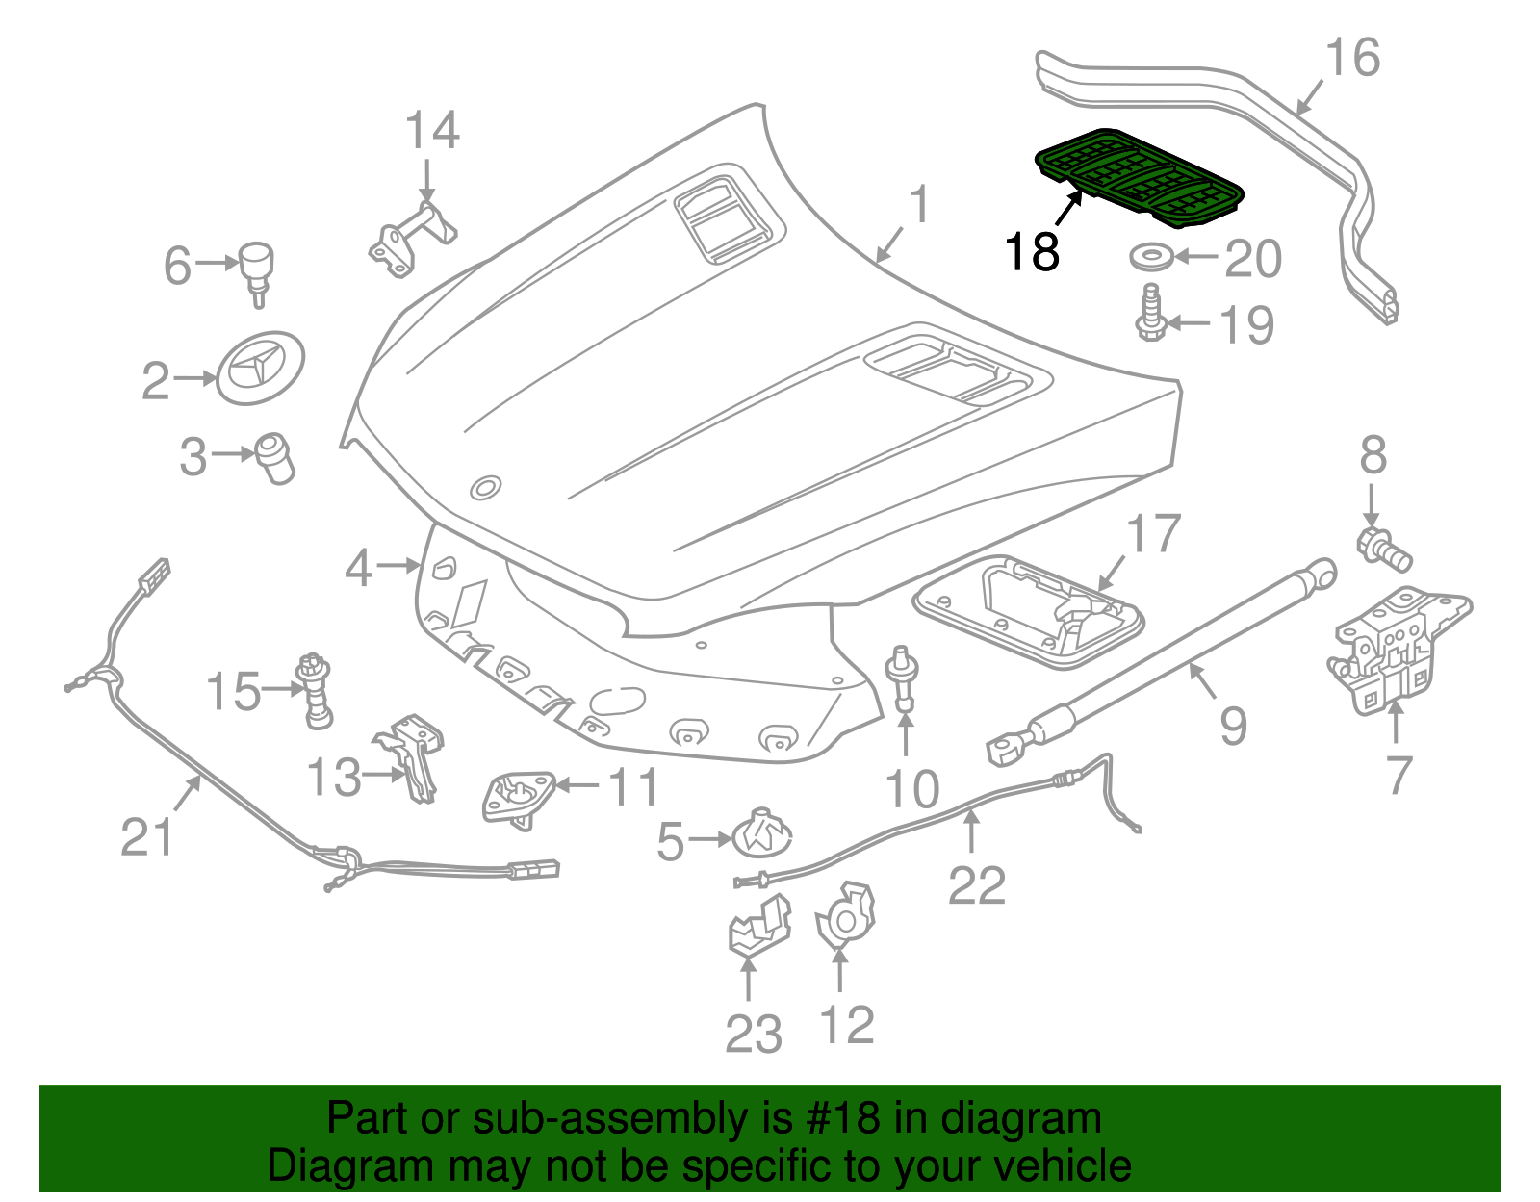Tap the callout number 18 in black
click(1031, 252)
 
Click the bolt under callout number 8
click(1384, 550)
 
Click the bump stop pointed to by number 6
click(257, 269)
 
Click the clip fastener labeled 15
click(315, 690)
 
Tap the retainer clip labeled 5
click(761, 834)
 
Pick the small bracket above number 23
click(758, 926)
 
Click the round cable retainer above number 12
click(844, 917)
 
